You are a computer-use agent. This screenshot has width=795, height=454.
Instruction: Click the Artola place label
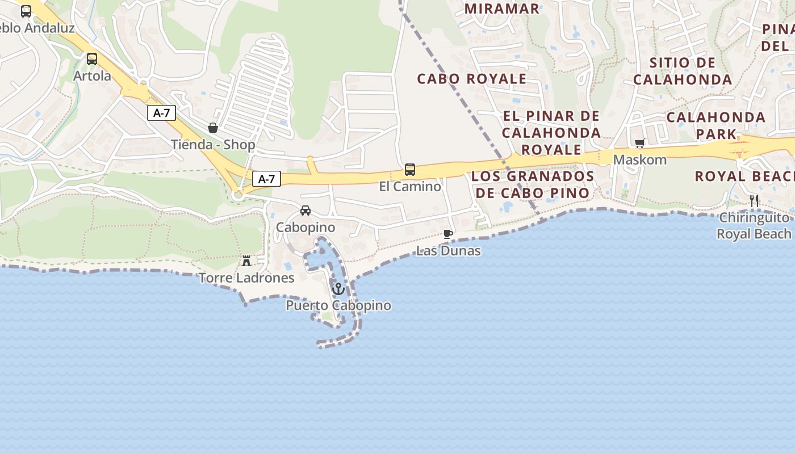(92, 75)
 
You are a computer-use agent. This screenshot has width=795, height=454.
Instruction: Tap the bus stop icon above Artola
(92, 58)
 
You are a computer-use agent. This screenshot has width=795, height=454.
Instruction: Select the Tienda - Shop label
(213, 145)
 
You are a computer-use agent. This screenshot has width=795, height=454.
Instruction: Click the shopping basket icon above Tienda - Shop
(213, 128)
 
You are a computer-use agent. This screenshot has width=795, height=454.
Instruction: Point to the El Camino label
(410, 186)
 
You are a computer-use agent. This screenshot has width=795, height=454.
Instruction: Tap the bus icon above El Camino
(410, 169)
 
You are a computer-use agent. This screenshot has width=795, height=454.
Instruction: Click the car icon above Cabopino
(306, 211)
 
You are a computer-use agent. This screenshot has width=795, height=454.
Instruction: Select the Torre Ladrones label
(246, 278)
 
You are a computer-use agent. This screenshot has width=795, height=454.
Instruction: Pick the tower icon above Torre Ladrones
(246, 261)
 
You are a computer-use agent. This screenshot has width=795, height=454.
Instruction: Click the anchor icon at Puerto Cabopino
(338, 289)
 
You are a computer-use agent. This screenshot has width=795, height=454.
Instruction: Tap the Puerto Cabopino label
(338, 305)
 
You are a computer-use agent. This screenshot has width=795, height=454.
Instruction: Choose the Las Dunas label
(449, 251)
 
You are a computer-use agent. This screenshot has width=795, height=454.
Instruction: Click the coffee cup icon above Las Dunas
(448, 234)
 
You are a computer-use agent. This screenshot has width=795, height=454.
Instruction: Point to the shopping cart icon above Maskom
(640, 143)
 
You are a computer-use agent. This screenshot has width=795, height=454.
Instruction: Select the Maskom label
(640, 159)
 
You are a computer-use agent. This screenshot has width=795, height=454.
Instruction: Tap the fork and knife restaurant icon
(754, 200)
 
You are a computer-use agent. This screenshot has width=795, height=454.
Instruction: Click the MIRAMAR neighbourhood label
(501, 9)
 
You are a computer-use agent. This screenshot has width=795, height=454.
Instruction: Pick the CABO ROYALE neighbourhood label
(472, 79)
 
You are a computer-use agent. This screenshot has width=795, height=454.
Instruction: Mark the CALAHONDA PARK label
(716, 126)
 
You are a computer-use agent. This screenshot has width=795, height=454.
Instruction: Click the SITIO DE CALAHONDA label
(683, 71)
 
